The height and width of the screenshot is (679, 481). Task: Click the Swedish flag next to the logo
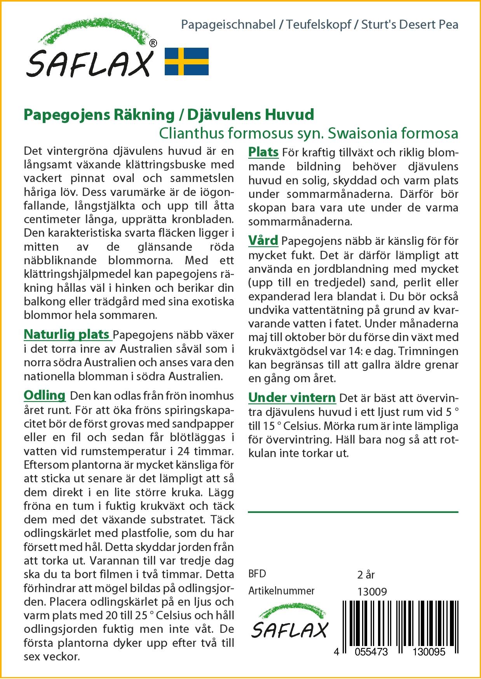187,61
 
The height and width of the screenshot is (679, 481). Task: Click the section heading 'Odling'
45,395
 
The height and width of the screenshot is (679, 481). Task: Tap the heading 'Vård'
263,241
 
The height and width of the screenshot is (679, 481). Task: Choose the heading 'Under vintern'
292,398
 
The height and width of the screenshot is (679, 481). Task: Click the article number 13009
372,592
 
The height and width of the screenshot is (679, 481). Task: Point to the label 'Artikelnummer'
281,591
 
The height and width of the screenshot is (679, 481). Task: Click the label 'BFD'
257,574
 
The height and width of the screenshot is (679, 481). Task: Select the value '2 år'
366,575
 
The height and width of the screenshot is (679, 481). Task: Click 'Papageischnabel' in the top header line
228,25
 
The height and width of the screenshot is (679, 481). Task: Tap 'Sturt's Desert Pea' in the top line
410,25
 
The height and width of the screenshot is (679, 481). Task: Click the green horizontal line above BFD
353,512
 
